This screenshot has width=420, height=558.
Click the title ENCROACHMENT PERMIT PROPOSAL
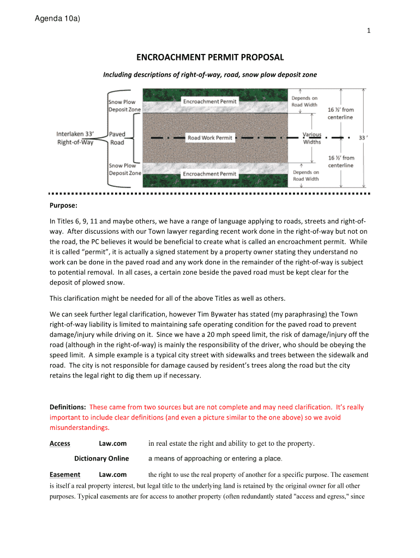[210, 57]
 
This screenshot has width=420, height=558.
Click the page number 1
[369, 31]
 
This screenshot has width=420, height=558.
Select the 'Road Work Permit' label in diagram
[210, 138]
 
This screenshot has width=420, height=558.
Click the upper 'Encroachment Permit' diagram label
[209, 102]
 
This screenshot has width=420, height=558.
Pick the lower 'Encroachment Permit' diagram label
[209, 174]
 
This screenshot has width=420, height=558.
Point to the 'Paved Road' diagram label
[117, 138]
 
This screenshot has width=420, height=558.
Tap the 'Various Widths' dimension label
[312, 138]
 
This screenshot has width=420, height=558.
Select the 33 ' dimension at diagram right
[362, 138]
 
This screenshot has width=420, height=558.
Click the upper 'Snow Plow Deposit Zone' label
[124, 106]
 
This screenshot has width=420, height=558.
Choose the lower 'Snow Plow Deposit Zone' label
[124, 169]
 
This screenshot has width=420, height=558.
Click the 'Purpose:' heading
[63, 206]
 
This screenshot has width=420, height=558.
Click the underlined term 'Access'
[59, 444]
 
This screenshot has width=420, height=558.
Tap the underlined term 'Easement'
[64, 475]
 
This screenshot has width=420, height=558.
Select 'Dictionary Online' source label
[101, 458]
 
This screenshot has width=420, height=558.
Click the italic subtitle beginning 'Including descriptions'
[210, 74]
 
